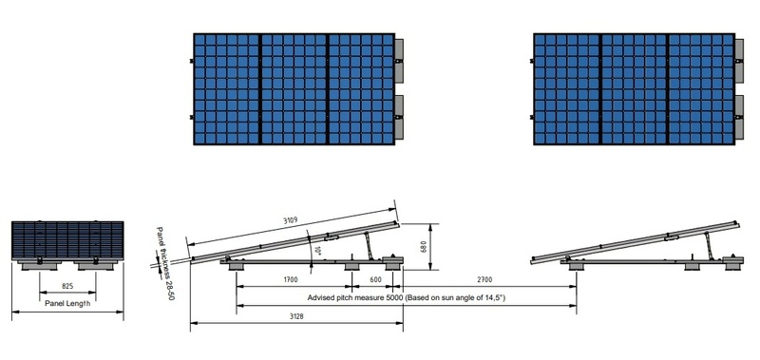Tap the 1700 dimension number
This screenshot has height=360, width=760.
[x=292, y=280]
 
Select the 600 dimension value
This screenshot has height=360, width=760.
[x=375, y=280]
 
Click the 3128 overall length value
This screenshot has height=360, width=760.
[x=297, y=316]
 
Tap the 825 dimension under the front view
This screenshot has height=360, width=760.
[x=67, y=284]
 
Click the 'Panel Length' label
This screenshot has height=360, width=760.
[x=67, y=304]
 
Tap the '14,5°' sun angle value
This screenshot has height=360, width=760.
[x=490, y=298]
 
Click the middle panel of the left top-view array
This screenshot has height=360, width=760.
[x=294, y=89]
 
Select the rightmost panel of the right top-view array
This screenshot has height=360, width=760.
[x=700, y=89]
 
